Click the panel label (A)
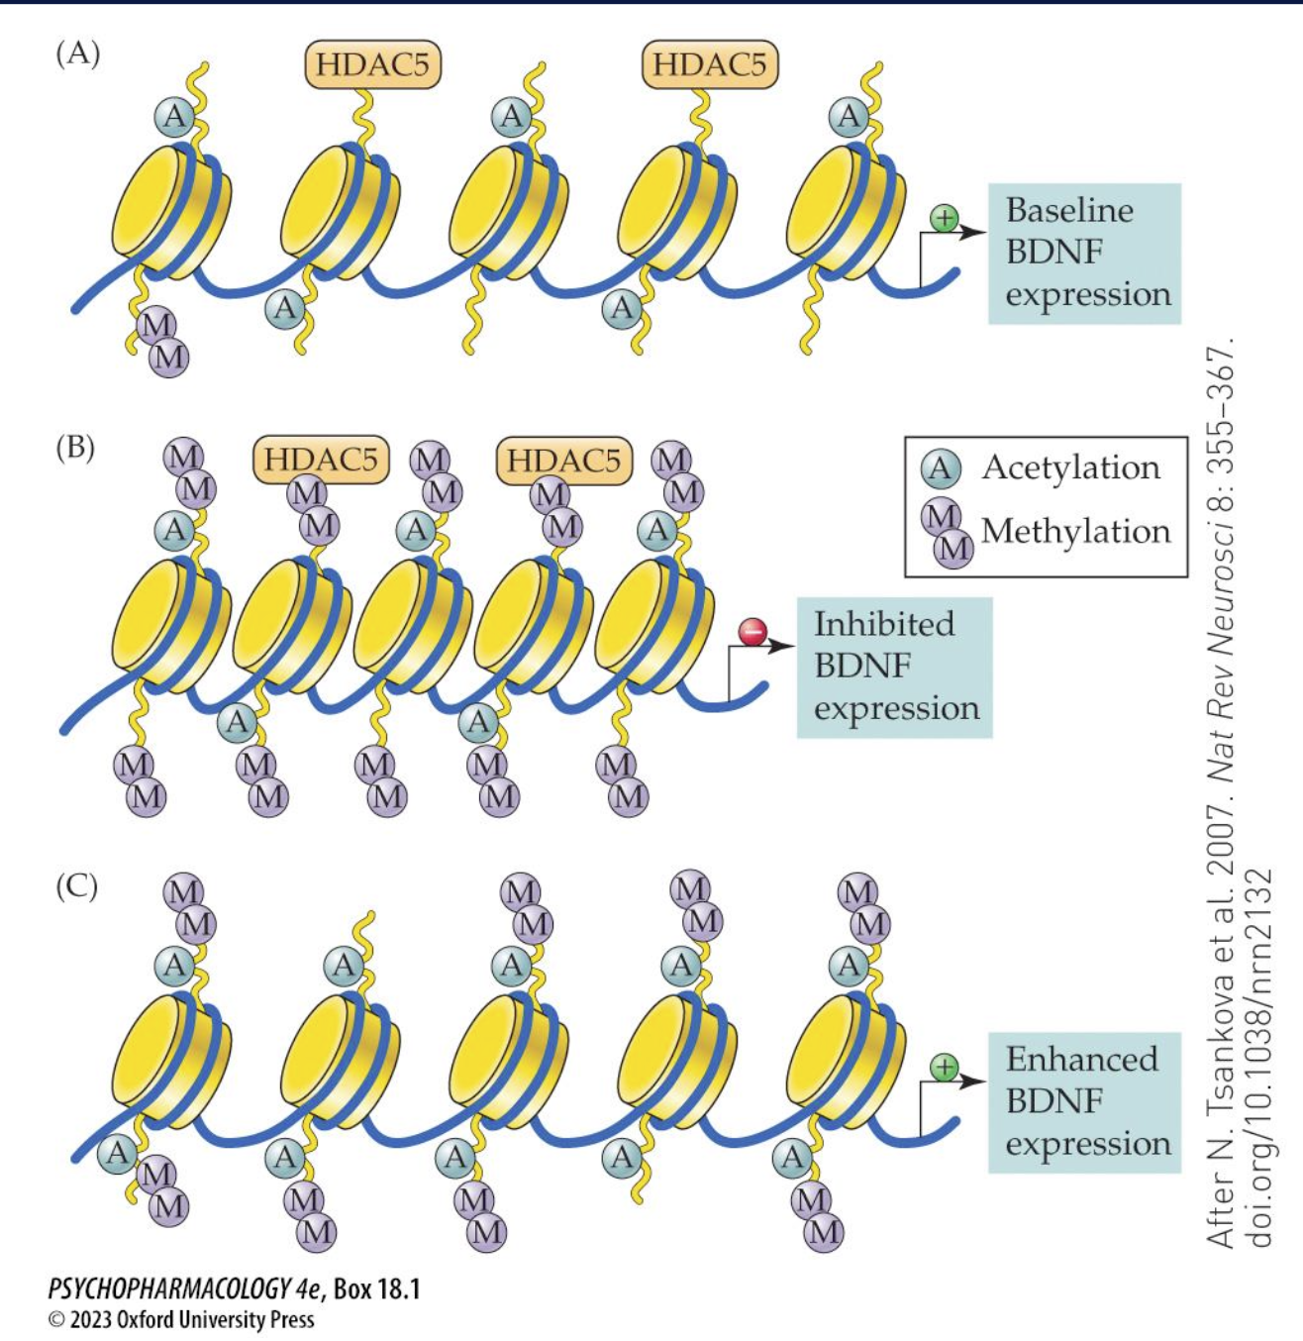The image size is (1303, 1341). (77, 53)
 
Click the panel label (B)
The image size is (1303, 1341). (75, 448)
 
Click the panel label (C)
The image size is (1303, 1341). (76, 884)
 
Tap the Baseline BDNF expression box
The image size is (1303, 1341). (1085, 254)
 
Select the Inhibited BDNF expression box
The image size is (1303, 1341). (894, 667)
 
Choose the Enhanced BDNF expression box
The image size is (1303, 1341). (1085, 1101)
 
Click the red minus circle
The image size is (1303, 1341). (753, 631)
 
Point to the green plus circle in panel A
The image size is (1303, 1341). (945, 218)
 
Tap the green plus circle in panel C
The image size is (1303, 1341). (945, 1067)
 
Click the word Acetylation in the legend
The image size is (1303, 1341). (1070, 467)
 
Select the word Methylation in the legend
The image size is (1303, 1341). (1075, 531)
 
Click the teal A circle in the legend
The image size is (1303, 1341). (940, 468)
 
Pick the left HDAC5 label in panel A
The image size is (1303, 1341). (372, 65)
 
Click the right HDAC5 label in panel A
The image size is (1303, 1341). (710, 65)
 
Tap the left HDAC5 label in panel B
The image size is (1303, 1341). (321, 460)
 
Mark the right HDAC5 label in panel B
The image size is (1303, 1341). (563, 460)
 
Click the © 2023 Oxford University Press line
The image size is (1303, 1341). (181, 1319)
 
